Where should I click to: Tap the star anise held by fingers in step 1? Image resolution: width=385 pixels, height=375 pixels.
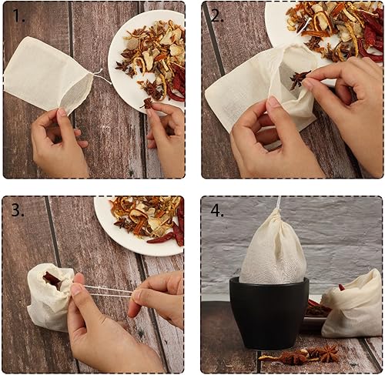coord(146,102)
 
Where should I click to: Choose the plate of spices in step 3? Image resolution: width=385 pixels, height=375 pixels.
coord(142,223)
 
